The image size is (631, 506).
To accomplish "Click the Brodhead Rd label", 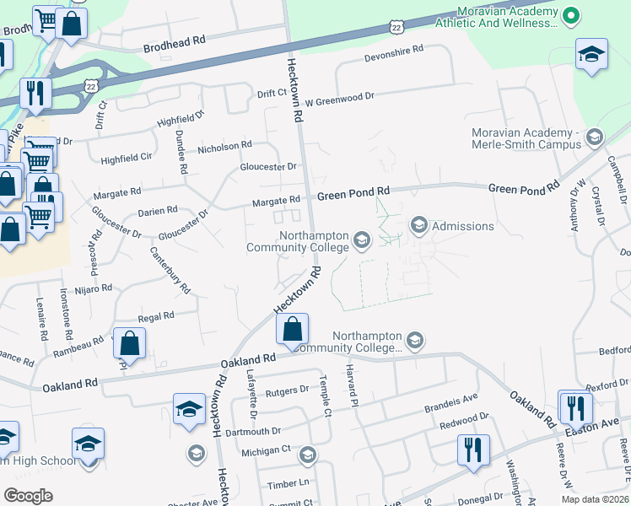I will [175, 40].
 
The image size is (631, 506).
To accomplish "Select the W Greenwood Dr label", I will [339, 98].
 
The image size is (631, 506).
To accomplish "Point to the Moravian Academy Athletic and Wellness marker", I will [571, 14].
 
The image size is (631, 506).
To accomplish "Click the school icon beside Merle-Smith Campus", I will [594, 137].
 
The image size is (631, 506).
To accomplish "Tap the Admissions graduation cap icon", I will [418, 225].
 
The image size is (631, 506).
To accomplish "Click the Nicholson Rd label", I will [224, 147].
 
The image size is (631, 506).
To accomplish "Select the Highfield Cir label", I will [126, 158].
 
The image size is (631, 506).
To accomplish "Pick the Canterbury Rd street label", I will [170, 270].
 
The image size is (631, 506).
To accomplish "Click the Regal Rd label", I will [155, 315].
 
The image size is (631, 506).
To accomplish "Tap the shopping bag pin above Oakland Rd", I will [292, 331].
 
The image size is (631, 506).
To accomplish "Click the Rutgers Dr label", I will [288, 390].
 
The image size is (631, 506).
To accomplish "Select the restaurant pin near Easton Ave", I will [575, 408].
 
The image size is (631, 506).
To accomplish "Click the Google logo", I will [28, 496].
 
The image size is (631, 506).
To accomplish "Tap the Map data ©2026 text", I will [594, 499].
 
